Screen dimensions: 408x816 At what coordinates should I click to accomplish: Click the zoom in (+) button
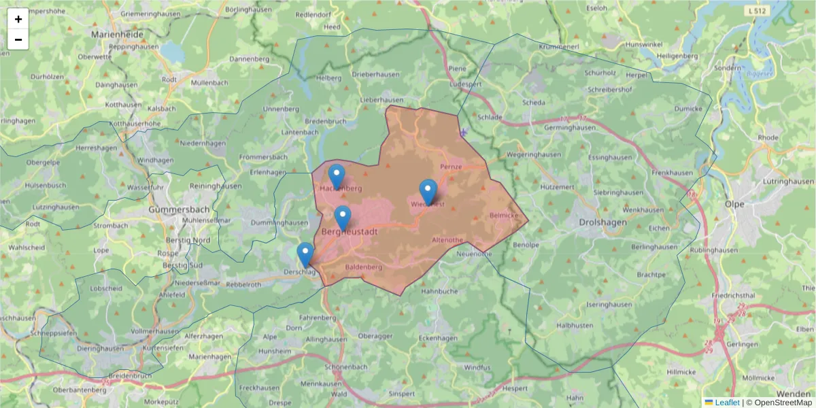click(x=18, y=19)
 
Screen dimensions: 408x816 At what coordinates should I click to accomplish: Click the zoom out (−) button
click(x=18, y=39)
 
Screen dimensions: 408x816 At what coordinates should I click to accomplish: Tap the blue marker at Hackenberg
click(x=337, y=176)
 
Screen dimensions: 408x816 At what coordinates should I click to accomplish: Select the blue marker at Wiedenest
click(x=428, y=191)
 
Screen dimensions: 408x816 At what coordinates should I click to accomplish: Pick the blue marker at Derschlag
click(x=305, y=254)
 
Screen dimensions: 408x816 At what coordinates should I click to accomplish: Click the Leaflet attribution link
click(x=727, y=403)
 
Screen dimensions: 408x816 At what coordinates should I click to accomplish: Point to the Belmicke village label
click(x=505, y=215)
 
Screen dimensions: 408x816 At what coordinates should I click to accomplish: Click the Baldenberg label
click(x=364, y=267)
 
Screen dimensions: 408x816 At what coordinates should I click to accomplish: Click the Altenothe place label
click(x=447, y=240)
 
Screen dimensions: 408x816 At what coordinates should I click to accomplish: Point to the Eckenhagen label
click(x=438, y=337)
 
